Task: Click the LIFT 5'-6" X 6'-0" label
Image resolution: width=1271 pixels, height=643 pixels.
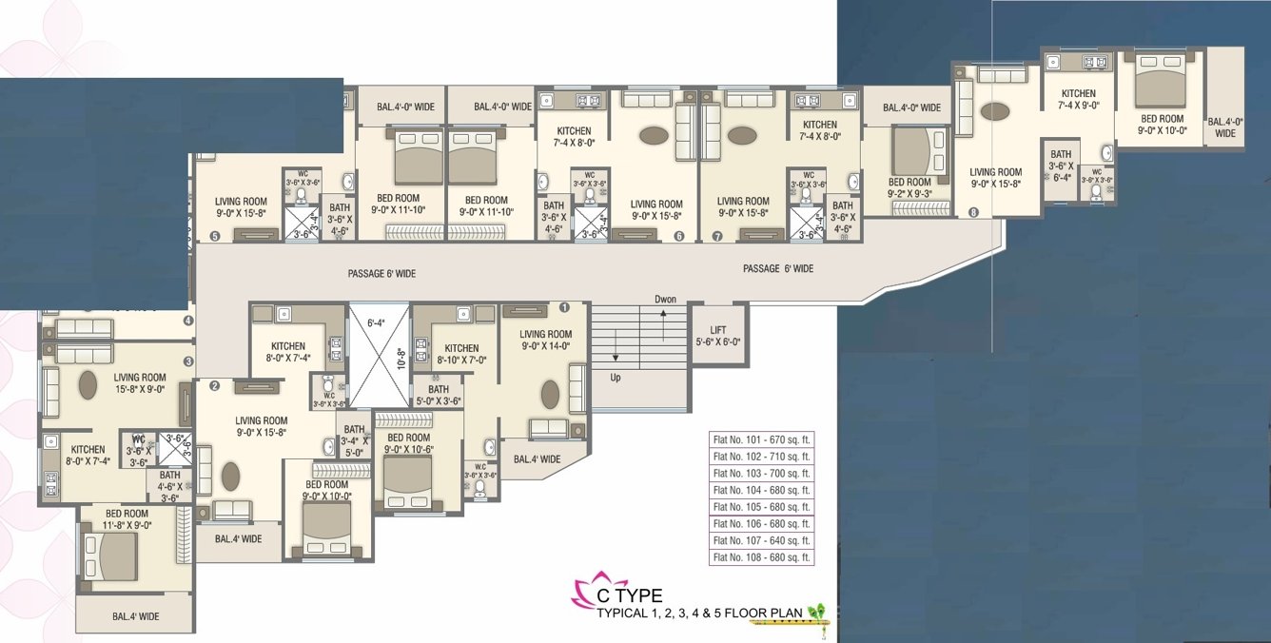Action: (x=718, y=336)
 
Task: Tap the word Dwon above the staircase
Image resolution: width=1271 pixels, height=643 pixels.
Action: (x=665, y=300)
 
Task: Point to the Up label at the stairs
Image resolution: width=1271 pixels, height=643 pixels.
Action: (x=615, y=378)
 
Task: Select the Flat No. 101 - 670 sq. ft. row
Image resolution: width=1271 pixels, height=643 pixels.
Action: (x=762, y=439)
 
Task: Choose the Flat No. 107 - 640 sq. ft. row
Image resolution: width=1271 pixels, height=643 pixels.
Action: (x=762, y=541)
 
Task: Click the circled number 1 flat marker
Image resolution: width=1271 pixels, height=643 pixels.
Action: (x=564, y=307)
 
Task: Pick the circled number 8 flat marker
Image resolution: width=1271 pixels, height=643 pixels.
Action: (x=973, y=213)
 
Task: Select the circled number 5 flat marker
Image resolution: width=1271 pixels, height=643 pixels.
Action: (x=214, y=237)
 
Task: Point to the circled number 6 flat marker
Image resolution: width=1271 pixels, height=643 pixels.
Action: (x=679, y=237)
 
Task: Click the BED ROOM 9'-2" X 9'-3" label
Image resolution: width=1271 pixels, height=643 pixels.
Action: (x=909, y=187)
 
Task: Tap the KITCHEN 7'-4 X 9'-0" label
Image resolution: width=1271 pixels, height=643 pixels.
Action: (x=1079, y=100)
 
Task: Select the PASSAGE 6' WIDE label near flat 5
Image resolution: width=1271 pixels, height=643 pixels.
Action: (x=381, y=274)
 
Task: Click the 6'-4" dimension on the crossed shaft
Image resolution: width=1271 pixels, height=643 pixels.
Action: (x=379, y=321)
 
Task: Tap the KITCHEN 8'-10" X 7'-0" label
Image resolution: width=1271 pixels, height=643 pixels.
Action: (x=461, y=354)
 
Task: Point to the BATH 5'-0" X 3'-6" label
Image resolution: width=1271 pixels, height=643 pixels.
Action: (x=438, y=395)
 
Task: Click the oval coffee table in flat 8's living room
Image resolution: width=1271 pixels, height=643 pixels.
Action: (x=995, y=111)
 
